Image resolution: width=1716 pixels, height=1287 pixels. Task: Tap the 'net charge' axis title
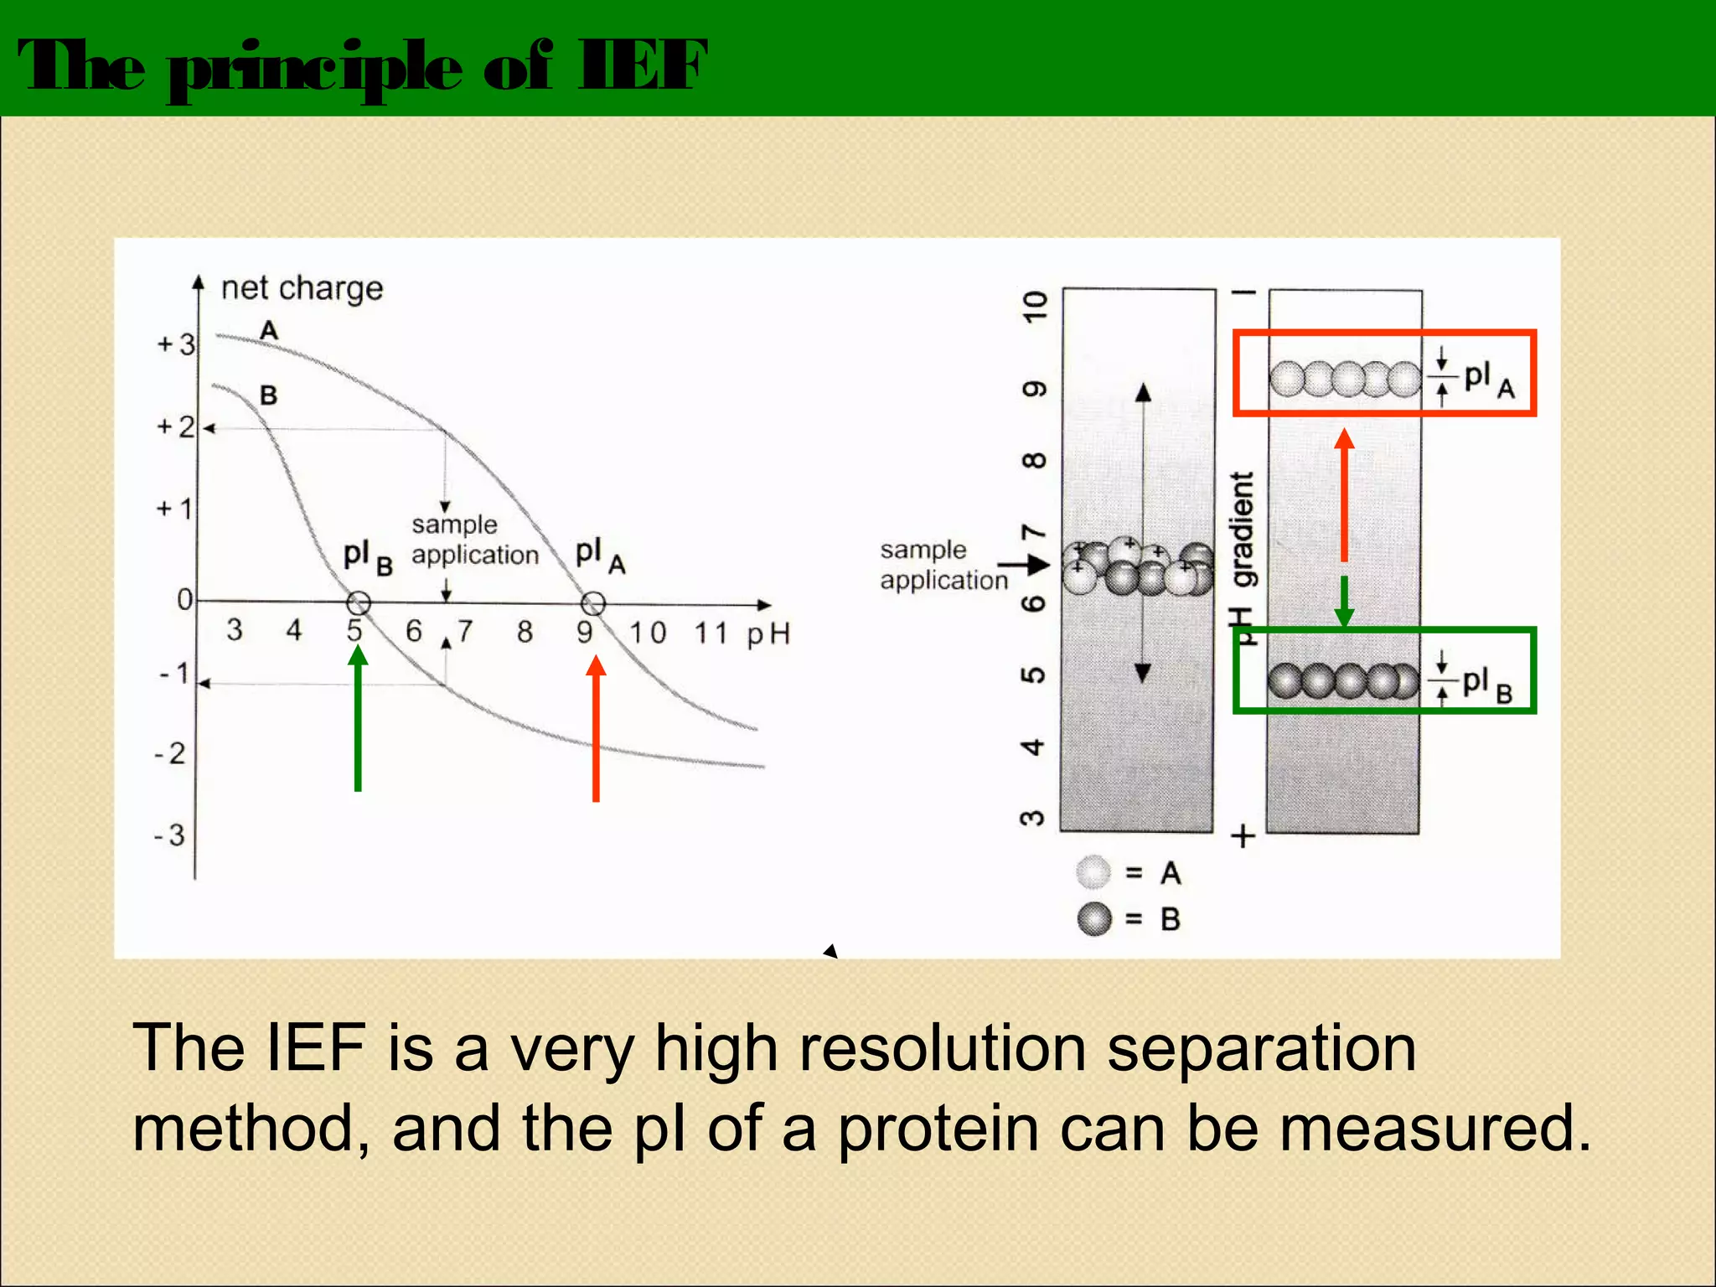[x=302, y=288]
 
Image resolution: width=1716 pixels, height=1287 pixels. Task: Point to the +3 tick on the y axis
[x=176, y=344]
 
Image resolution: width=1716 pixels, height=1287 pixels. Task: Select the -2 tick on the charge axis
[x=169, y=753]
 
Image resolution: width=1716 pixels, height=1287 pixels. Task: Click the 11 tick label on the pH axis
[x=711, y=633]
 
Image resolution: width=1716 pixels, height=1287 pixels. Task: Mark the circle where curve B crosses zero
[x=358, y=602]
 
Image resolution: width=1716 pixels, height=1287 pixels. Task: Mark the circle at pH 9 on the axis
[x=592, y=602]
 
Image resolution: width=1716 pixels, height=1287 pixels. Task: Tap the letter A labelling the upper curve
[x=268, y=330]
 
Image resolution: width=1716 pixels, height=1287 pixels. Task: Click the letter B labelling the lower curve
[x=268, y=395]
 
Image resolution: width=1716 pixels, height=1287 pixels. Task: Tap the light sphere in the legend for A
[x=1093, y=872]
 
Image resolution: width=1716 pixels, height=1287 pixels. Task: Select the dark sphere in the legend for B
[x=1093, y=919]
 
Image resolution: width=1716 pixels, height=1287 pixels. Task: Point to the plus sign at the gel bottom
[x=1243, y=836]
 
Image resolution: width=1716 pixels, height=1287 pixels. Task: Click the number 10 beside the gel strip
[x=1036, y=306]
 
